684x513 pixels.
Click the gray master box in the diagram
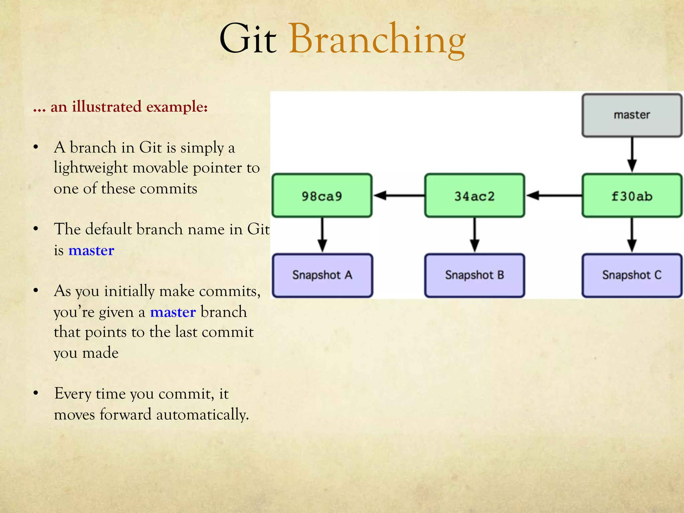(x=632, y=115)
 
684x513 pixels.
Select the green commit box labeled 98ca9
(x=322, y=196)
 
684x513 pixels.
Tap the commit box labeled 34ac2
(x=474, y=196)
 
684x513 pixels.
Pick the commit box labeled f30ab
(x=632, y=196)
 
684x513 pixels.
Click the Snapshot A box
(x=322, y=275)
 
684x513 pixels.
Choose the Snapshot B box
(x=474, y=275)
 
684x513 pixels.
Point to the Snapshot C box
(x=632, y=275)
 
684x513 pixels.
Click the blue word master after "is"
(x=91, y=250)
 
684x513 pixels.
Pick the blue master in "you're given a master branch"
(x=173, y=312)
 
